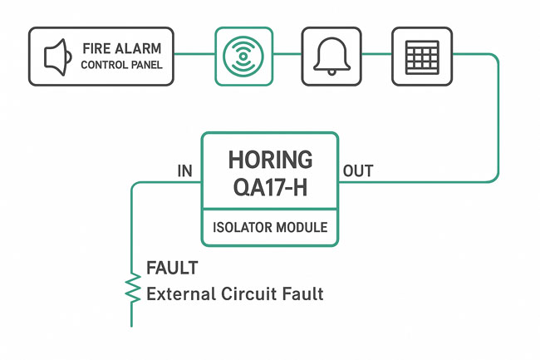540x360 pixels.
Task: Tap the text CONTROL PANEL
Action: (122, 65)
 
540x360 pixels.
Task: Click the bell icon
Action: (331, 56)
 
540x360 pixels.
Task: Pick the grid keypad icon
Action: (421, 56)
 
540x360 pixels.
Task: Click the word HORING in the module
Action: (270, 160)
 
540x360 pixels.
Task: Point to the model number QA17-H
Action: (270, 189)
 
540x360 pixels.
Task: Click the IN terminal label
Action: (185, 171)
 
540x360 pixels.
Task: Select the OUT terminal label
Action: (358, 171)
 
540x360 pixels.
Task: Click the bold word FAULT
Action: (172, 268)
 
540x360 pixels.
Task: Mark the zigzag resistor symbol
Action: (132, 288)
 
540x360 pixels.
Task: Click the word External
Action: (177, 293)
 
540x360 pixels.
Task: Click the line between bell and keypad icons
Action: (376, 56)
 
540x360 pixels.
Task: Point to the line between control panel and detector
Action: (195, 56)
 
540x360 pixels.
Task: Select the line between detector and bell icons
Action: (287, 56)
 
